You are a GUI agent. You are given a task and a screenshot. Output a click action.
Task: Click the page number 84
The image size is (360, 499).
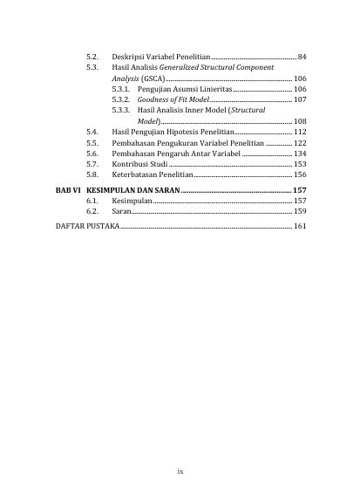pos(302,58)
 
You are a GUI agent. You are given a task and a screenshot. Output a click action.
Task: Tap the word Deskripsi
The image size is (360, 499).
pos(128,58)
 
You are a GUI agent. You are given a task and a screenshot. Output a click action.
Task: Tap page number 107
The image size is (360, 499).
pos(300,100)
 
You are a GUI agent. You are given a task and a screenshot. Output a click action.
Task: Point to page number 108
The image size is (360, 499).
pos(300,121)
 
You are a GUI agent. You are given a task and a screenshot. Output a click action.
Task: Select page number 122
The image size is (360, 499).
pos(300,142)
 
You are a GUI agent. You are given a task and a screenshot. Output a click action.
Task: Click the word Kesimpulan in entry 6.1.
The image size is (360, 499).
pos(132,201)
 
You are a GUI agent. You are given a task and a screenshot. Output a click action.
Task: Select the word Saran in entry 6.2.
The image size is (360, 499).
pos(121,211)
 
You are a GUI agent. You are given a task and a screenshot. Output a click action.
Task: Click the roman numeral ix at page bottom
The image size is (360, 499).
pos(180,472)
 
